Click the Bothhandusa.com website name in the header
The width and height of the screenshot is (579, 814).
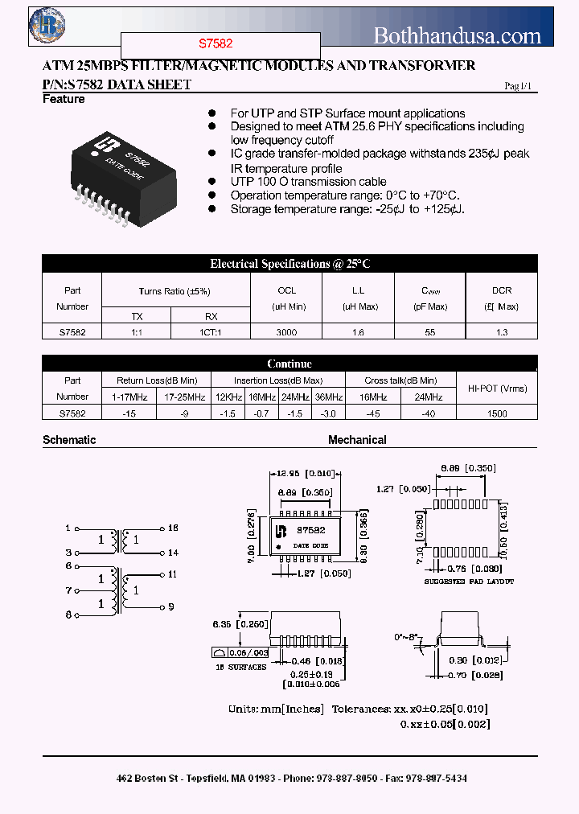[458, 35]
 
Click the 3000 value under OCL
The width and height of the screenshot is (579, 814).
[286, 331]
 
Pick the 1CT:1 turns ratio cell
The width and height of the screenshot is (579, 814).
[211, 331]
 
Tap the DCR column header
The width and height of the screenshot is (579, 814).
[501, 290]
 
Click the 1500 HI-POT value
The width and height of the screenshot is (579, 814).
[497, 413]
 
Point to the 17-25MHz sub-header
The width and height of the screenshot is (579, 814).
[183, 397]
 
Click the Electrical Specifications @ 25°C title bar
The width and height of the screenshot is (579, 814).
[289, 264]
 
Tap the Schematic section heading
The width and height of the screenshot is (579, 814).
[69, 440]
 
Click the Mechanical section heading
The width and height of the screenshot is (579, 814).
[357, 440]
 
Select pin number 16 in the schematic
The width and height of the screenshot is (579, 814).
[173, 528]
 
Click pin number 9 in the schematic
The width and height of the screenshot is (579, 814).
[172, 606]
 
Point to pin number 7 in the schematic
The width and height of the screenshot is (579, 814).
[68, 590]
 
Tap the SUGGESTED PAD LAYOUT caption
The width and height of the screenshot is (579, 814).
[469, 581]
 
